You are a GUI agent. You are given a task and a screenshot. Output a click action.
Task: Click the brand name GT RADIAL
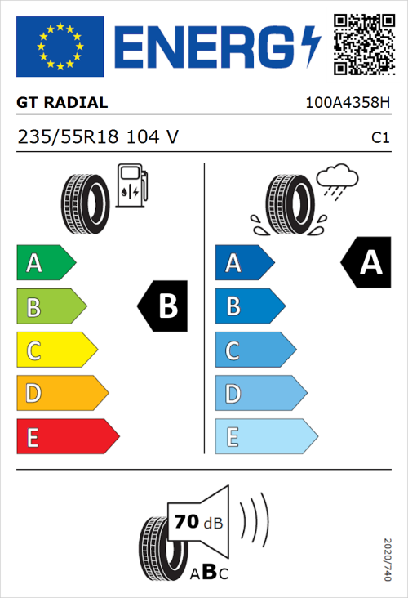tap(62, 103)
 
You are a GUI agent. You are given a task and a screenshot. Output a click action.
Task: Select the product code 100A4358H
tap(346, 104)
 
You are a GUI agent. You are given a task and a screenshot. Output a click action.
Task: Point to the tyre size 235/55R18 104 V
tap(97, 137)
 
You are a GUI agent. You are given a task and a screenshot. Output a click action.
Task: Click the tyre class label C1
tap(379, 138)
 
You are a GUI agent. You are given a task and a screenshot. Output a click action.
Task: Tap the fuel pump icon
tap(131, 185)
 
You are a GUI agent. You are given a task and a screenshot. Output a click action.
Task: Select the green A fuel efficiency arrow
tap(45, 263)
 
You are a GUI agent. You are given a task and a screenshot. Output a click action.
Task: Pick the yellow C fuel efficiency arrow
tap(55, 350)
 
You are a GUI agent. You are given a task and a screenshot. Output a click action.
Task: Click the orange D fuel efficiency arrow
tap(61, 394)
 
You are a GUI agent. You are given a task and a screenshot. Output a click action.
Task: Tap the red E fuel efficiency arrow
tap(67, 437)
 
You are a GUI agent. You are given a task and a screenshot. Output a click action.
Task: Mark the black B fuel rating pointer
tap(163, 306)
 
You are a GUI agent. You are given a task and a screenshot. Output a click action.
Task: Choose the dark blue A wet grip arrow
tap(242, 263)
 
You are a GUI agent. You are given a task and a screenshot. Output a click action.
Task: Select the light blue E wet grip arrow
tap(265, 437)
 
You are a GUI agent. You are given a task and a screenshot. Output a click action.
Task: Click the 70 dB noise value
tap(196, 521)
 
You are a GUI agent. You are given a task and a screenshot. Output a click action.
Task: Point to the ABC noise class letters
tap(209, 572)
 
